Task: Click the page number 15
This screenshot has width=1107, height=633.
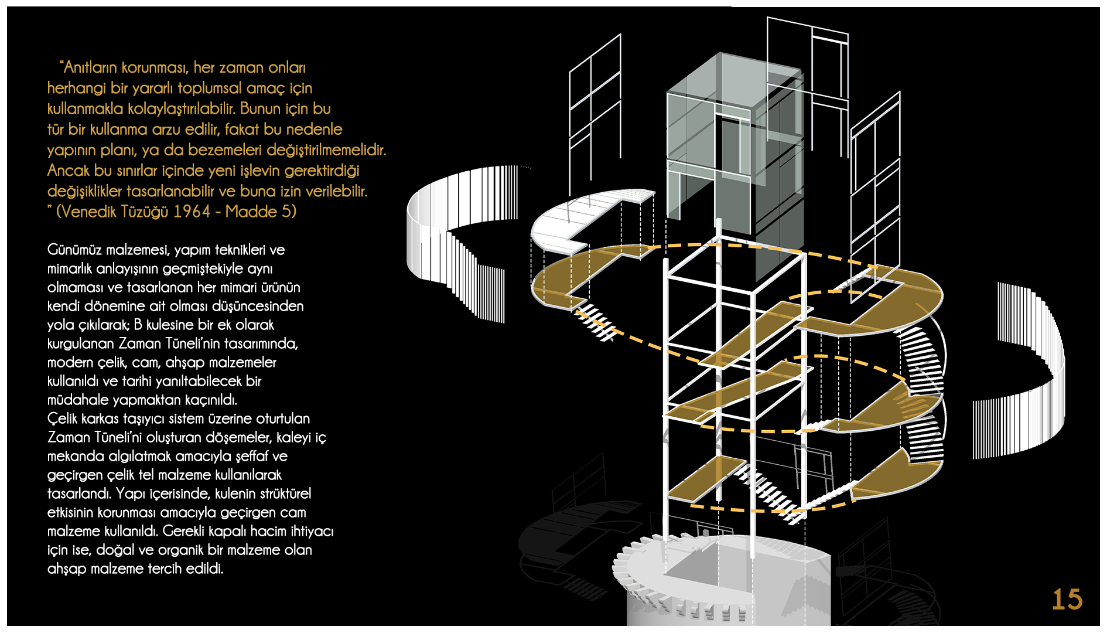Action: (x=1067, y=600)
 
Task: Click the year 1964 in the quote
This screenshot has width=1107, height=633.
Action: (x=192, y=212)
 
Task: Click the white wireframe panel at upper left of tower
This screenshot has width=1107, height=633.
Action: (x=594, y=111)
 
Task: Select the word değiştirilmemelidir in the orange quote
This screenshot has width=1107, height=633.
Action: (x=326, y=150)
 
